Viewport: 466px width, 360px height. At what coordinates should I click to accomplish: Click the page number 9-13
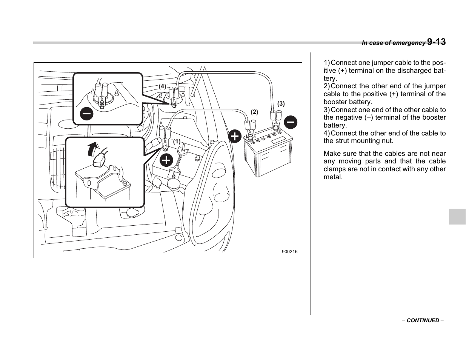(436, 42)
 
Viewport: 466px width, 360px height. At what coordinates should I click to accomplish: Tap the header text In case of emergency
(393, 43)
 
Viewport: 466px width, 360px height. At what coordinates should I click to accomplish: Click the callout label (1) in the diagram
(177, 142)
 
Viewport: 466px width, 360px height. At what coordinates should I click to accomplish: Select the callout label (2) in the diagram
(254, 112)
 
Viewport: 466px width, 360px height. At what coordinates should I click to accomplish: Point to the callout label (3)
(281, 103)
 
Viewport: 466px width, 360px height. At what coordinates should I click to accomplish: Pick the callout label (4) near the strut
(162, 86)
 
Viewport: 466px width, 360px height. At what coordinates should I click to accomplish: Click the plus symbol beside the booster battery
(235, 136)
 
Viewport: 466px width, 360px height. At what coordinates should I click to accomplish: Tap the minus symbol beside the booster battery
(291, 122)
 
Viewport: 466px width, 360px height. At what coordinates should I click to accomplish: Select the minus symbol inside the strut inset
(86, 113)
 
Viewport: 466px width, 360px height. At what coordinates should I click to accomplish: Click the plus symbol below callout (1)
(166, 160)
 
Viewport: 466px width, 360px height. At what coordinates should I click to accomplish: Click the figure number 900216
(289, 252)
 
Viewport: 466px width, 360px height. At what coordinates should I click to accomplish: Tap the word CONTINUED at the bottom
(423, 320)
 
